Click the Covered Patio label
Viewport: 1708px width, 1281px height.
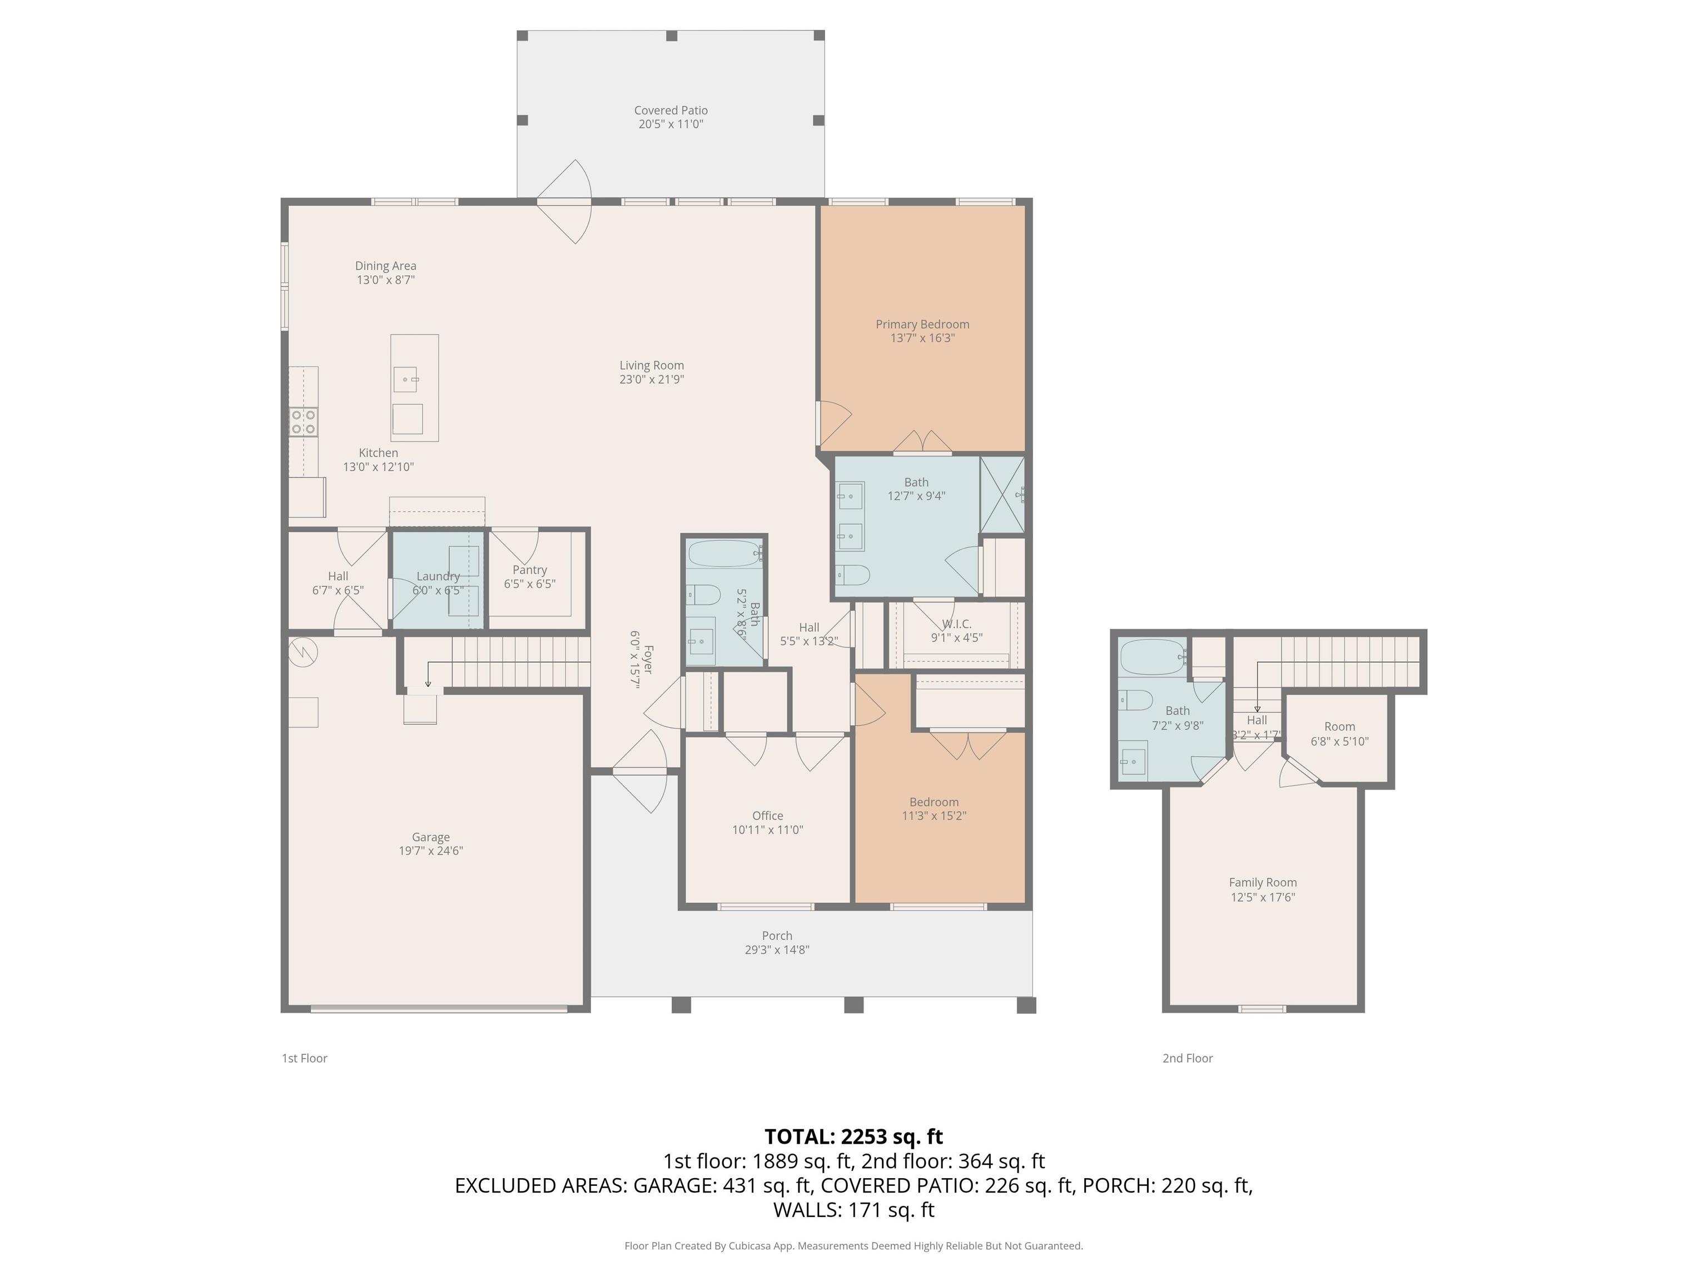(670, 111)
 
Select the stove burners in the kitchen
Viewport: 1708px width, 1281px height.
(304, 423)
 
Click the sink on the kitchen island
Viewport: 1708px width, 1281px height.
(406, 379)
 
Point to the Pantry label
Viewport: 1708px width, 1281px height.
(530, 570)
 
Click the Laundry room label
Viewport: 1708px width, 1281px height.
(438, 576)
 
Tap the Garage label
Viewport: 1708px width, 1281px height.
(430, 837)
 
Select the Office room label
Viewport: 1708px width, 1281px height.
(767, 816)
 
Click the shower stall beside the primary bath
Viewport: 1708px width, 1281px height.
(1002, 494)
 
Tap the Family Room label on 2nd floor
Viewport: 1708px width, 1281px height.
(1263, 882)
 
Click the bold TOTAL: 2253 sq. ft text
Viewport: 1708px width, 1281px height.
(853, 1136)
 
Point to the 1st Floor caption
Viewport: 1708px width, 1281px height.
(304, 1058)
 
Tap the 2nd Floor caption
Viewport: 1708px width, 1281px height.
(1187, 1058)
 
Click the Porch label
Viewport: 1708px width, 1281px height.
(777, 936)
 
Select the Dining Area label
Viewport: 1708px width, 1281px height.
(385, 266)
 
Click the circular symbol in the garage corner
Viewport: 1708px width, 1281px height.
(304, 653)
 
